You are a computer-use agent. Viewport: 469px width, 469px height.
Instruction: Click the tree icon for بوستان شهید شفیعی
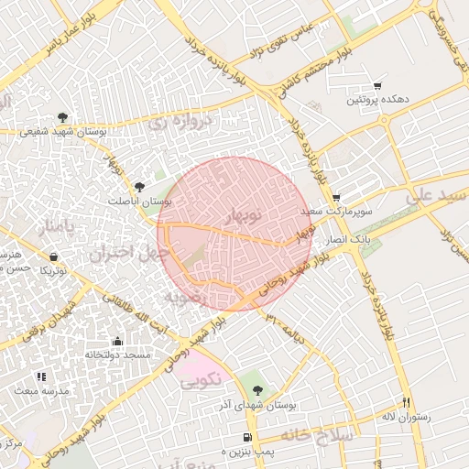[x=62, y=117]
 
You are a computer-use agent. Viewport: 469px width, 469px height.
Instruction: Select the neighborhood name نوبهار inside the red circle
[x=243, y=215]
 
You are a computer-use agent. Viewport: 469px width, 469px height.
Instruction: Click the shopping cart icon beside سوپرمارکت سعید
[x=336, y=197]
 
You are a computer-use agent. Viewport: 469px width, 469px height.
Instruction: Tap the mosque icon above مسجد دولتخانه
[x=116, y=342]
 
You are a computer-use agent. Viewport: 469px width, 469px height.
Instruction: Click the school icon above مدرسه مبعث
[x=40, y=376]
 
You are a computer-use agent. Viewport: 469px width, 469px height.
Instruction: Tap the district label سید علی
[x=430, y=195]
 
